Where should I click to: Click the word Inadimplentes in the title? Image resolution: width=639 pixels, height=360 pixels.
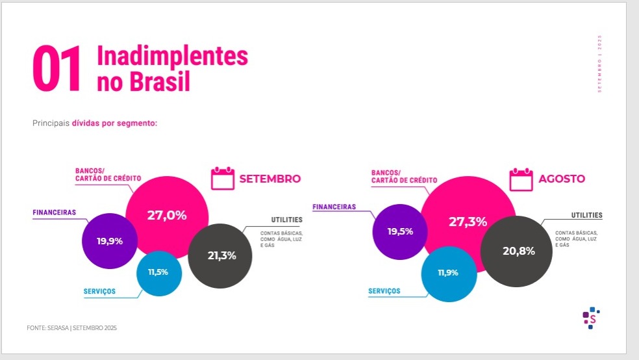tap(172, 57)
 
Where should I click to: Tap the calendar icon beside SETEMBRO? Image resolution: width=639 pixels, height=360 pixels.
tap(222, 179)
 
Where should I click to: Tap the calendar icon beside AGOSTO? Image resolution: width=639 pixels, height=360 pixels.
tap(521, 179)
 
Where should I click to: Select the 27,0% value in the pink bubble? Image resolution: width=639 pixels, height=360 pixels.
tap(167, 216)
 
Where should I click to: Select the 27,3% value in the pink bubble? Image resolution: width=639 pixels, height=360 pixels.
tap(468, 222)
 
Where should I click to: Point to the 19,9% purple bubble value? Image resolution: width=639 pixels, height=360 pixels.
tap(110, 241)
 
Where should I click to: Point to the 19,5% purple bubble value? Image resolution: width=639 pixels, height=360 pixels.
tap(400, 231)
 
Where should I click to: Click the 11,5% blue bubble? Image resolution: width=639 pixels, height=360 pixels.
tap(158, 272)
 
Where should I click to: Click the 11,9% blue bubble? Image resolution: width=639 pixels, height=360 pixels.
tap(447, 273)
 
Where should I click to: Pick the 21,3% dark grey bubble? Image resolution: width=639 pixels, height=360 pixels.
tap(221, 255)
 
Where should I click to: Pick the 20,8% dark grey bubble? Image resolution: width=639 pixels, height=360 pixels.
tap(518, 251)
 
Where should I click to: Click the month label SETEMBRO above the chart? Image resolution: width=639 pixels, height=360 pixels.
tap(270, 179)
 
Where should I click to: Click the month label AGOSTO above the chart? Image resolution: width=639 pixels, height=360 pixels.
tap(562, 179)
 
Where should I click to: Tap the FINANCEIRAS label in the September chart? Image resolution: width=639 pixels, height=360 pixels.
tap(55, 212)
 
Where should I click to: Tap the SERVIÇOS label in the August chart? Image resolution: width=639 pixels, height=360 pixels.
tap(384, 291)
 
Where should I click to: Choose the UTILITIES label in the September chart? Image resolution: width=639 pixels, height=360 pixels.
tap(286, 220)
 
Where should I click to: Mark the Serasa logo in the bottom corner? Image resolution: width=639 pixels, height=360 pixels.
tap(590, 318)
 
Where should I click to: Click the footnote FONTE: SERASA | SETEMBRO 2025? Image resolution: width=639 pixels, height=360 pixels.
tap(72, 328)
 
